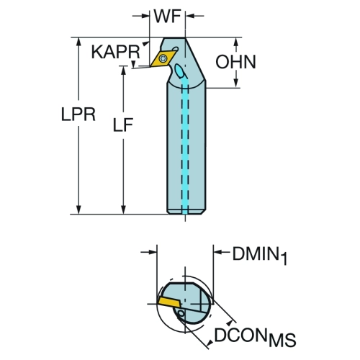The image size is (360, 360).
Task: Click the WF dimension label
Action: [167, 17]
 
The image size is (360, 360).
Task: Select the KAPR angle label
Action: [115, 52]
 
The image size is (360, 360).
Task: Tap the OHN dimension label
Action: [235, 62]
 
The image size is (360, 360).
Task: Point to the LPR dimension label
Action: [78, 114]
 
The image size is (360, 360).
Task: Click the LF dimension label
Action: [123, 125]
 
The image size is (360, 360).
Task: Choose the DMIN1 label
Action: [260, 256]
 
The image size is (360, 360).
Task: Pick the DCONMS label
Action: [255, 336]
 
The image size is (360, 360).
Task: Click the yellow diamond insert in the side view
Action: [164, 58]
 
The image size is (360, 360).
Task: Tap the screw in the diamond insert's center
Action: [164, 58]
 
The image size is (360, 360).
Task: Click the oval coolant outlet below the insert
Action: [180, 71]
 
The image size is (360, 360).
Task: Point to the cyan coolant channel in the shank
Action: [185, 146]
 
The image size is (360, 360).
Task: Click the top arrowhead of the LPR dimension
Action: [78, 41]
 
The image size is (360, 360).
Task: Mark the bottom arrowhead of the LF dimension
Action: [123, 210]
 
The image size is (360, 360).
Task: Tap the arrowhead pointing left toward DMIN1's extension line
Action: [217, 252]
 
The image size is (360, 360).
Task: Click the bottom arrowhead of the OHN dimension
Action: [236, 84]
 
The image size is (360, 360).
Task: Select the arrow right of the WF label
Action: [195, 16]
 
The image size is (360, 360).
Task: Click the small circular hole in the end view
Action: [181, 314]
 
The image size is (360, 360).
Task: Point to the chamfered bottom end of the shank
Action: [186, 212]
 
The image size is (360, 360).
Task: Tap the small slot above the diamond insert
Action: [176, 49]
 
